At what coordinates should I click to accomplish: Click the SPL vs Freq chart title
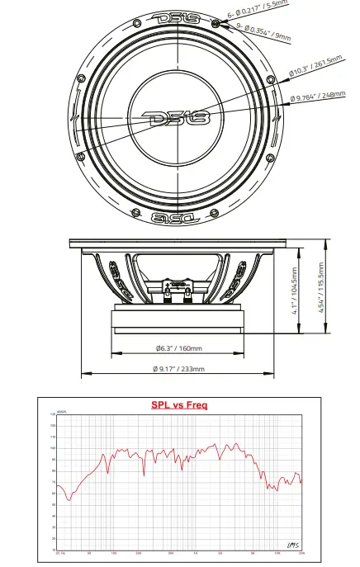(x=179, y=405)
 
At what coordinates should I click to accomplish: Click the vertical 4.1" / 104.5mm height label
(x=294, y=291)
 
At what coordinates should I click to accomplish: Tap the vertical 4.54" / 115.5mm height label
(x=321, y=286)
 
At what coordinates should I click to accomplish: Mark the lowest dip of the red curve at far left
(x=69, y=499)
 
